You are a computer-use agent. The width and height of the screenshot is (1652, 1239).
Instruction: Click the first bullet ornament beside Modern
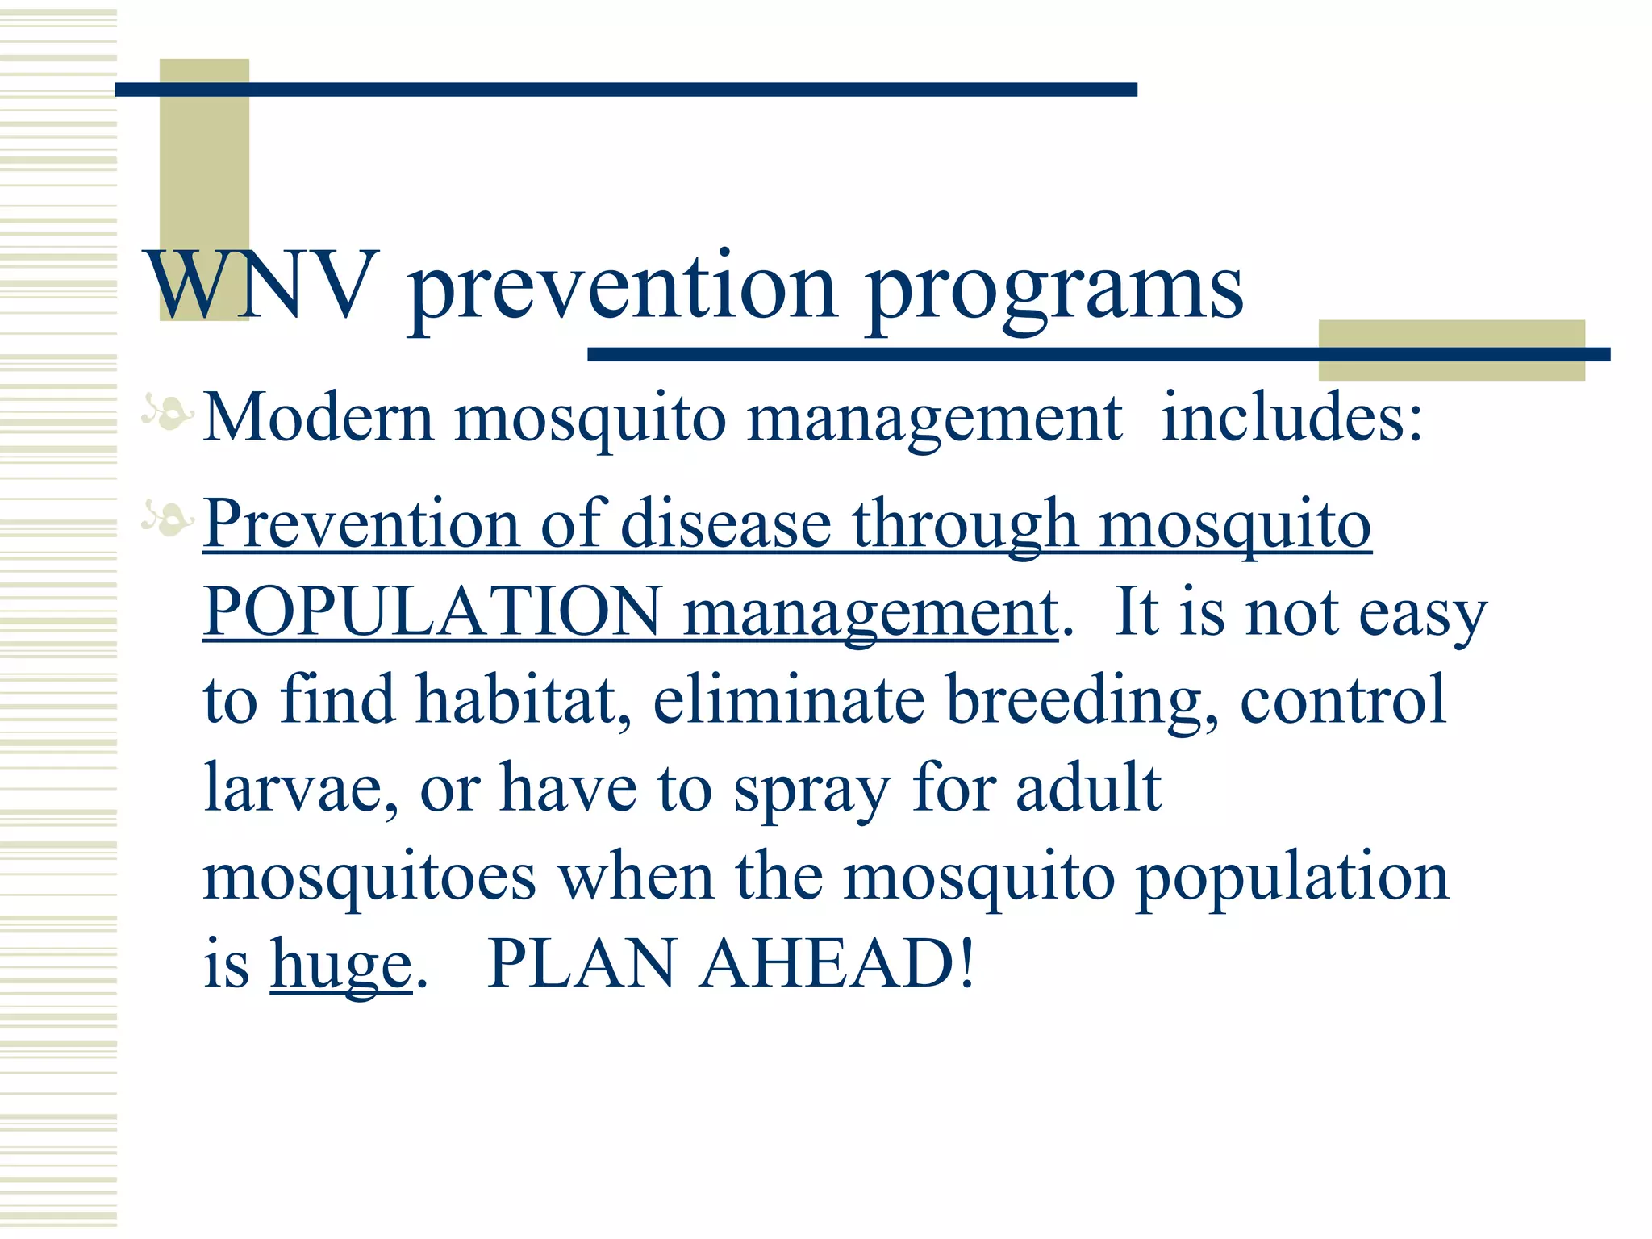(x=168, y=412)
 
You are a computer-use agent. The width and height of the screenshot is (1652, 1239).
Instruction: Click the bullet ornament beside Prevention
(x=168, y=517)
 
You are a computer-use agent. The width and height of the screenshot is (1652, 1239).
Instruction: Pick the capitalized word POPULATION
(x=432, y=611)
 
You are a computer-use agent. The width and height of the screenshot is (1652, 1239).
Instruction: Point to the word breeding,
(x=1082, y=700)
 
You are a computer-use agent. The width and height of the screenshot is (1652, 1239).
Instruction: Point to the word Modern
(x=319, y=418)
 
